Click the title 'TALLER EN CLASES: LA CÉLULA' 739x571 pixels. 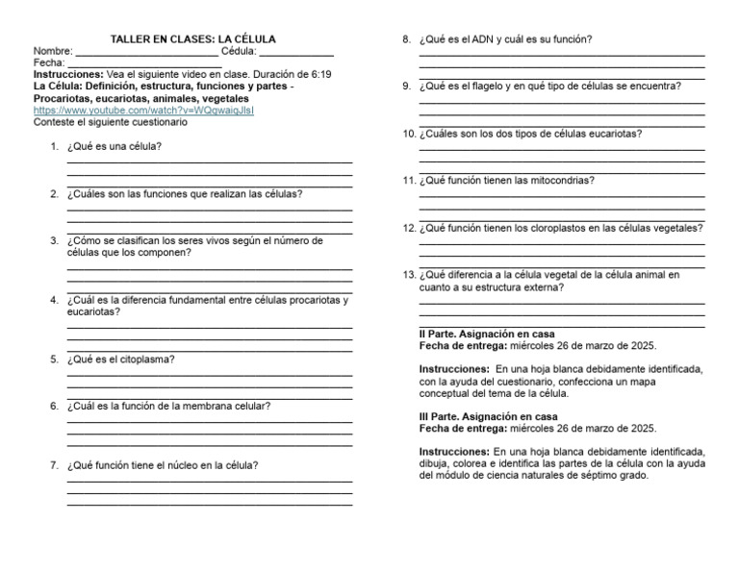(193, 39)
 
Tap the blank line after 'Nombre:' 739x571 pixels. (146, 52)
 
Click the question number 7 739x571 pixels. (54, 465)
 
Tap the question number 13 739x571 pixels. (409, 274)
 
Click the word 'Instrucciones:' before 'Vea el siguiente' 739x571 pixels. (67, 74)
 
